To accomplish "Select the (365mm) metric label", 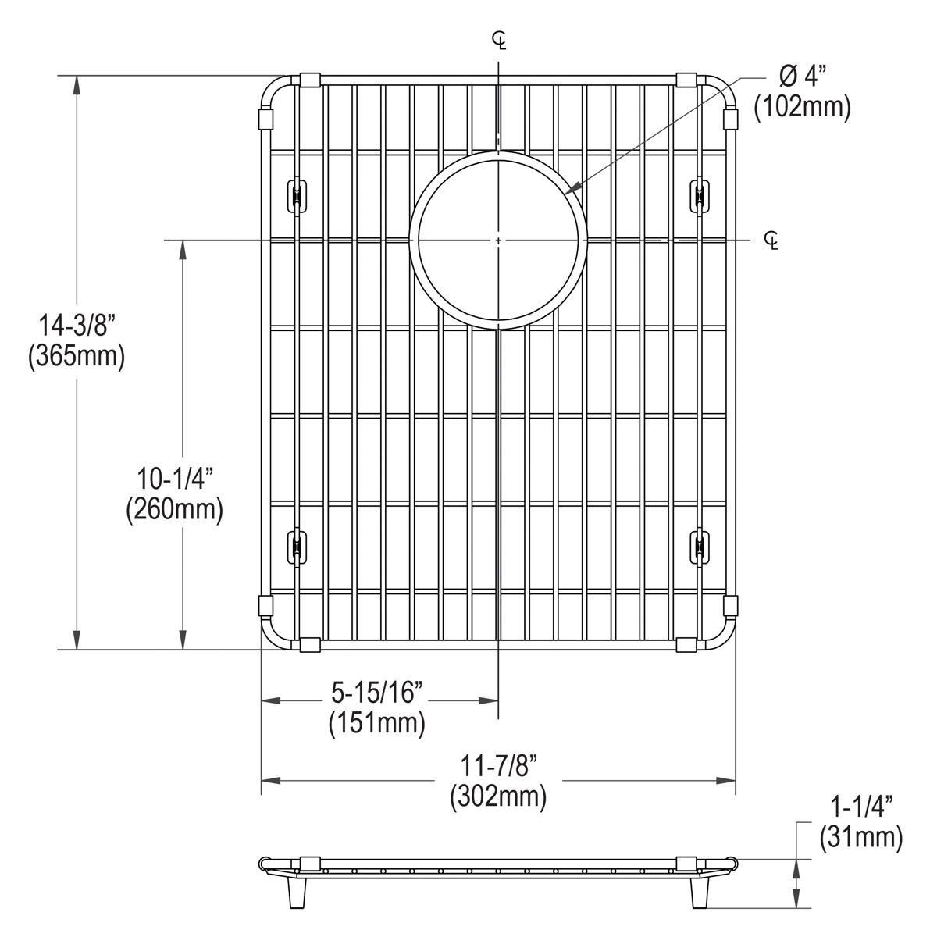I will tap(76, 357).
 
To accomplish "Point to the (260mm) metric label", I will tap(174, 509).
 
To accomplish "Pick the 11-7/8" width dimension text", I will tap(497, 766).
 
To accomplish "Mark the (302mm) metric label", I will tap(497, 796).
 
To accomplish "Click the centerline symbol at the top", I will tap(499, 40).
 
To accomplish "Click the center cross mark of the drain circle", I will tap(498, 240).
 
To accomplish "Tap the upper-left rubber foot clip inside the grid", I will tap(297, 195).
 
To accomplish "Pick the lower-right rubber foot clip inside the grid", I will tap(700, 545).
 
